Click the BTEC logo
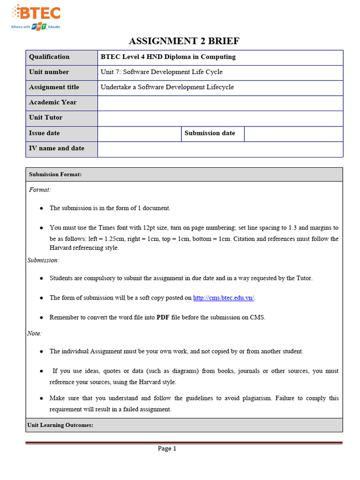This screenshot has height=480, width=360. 36,17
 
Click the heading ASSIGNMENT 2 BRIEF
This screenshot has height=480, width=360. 184,41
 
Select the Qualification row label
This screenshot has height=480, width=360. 49,57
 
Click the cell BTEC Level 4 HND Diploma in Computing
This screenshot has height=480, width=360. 168,57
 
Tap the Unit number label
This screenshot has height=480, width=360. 49,72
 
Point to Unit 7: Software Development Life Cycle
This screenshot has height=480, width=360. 162,72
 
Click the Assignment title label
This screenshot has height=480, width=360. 54,87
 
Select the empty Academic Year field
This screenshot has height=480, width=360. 220,103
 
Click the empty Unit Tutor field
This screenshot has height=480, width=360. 220,118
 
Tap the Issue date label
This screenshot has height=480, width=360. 45,133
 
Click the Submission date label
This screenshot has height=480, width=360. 210,133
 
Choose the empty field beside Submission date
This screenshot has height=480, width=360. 293,134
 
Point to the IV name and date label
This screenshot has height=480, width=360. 57,148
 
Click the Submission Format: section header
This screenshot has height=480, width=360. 55,174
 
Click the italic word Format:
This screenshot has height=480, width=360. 40,190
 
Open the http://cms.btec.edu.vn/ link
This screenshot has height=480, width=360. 224,298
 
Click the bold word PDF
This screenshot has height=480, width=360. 163,317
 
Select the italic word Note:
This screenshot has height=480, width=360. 34,333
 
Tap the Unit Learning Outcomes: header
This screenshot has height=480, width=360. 60,425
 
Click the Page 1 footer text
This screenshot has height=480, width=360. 167,449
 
